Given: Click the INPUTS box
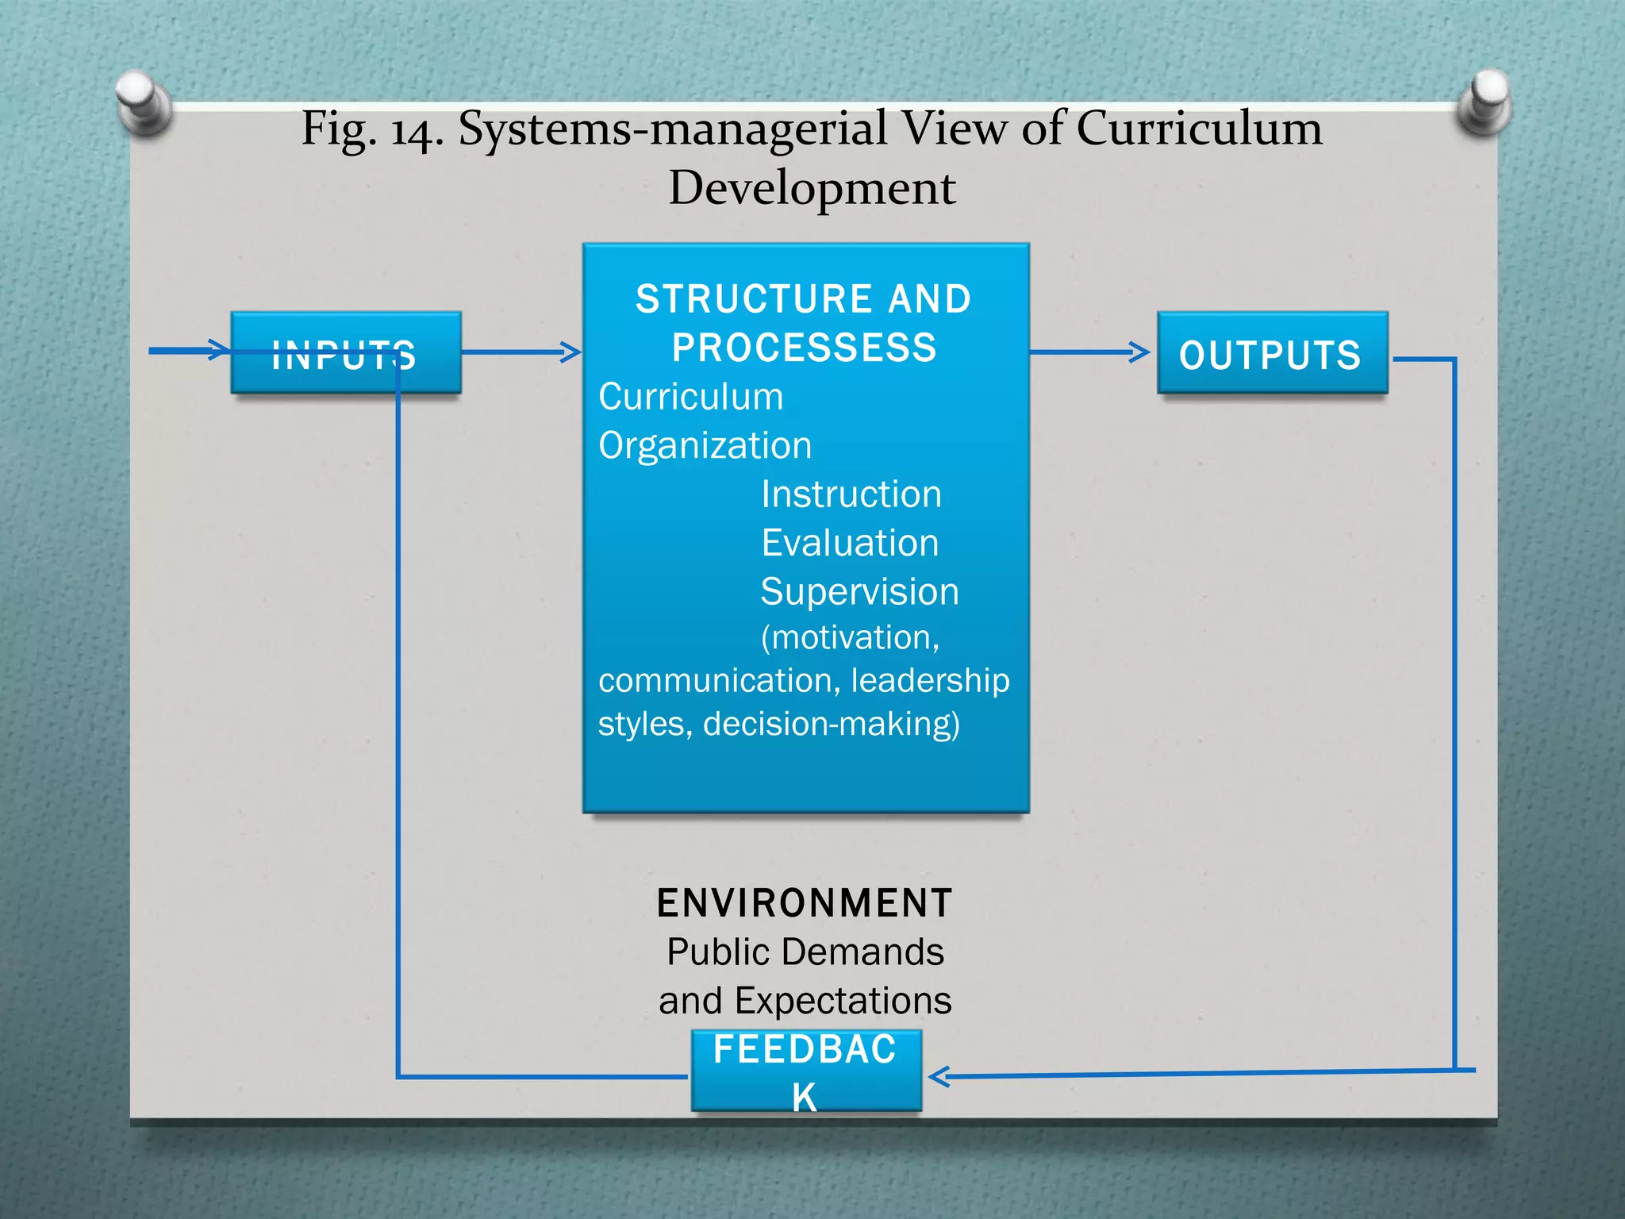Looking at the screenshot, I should click(345, 353).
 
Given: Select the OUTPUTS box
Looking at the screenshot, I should click(1272, 353).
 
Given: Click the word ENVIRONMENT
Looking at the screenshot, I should click(805, 903).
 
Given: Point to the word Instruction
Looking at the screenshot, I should click(851, 494).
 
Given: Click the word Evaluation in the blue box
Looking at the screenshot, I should click(850, 544).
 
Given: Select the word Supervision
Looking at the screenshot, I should click(859, 592).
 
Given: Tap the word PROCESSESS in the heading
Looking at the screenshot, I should click(805, 348).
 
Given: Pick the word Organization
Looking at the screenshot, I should click(705, 445).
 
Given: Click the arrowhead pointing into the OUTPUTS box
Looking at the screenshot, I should click(1140, 352).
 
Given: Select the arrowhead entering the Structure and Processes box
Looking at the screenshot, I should click(570, 352).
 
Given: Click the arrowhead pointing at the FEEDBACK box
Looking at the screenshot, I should click(939, 1077).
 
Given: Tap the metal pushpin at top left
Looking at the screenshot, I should click(144, 102).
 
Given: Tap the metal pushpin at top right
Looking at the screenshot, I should click(1485, 101).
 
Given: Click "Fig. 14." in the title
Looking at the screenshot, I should click(371, 129).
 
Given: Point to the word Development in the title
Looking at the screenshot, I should click(812, 188).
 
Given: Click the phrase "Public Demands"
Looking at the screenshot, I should click(805, 952).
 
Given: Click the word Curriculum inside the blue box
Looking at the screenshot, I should click(690, 397).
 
